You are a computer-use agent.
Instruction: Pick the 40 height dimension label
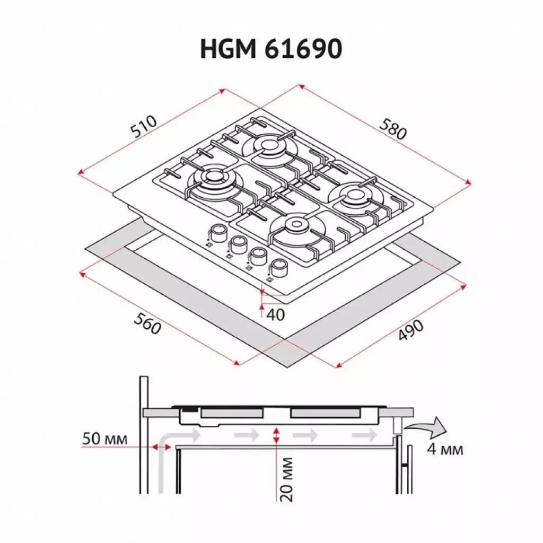coord(275,314)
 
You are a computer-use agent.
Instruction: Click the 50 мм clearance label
coord(104,439)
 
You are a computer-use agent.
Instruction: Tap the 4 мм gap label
coord(445,450)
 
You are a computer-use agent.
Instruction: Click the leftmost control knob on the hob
coord(216,232)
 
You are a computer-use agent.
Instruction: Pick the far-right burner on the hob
coord(353,195)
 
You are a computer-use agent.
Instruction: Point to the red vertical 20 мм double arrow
coord(275,436)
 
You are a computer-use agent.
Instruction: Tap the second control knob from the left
coord(238,243)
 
